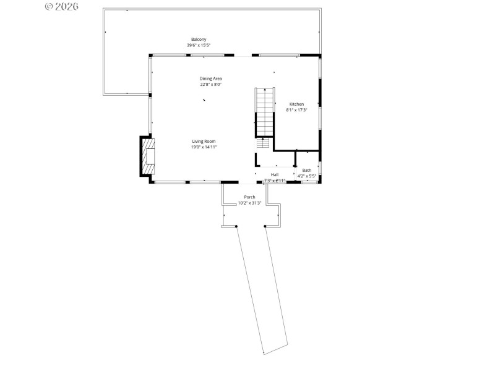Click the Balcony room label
pyautogui.click(x=198, y=39)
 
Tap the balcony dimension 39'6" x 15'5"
pyautogui.click(x=198, y=45)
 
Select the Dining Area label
pyautogui.click(x=210, y=79)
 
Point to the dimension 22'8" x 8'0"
pyautogui.click(x=210, y=85)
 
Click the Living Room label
pyautogui.click(x=204, y=141)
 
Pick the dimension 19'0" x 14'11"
pyautogui.click(x=204, y=147)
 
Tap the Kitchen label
pyautogui.click(x=296, y=104)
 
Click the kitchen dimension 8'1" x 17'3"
pyautogui.click(x=296, y=110)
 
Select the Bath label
pyautogui.click(x=307, y=170)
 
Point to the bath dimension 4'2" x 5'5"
pyautogui.click(x=307, y=176)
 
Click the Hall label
pyautogui.click(x=274, y=174)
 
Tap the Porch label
pyautogui.click(x=249, y=197)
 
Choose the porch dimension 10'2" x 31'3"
pyautogui.click(x=249, y=203)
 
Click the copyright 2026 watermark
pyautogui.click(x=62, y=6)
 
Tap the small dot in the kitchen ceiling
pyautogui.click(x=274, y=72)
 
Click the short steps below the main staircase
pyautogui.click(x=264, y=143)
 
